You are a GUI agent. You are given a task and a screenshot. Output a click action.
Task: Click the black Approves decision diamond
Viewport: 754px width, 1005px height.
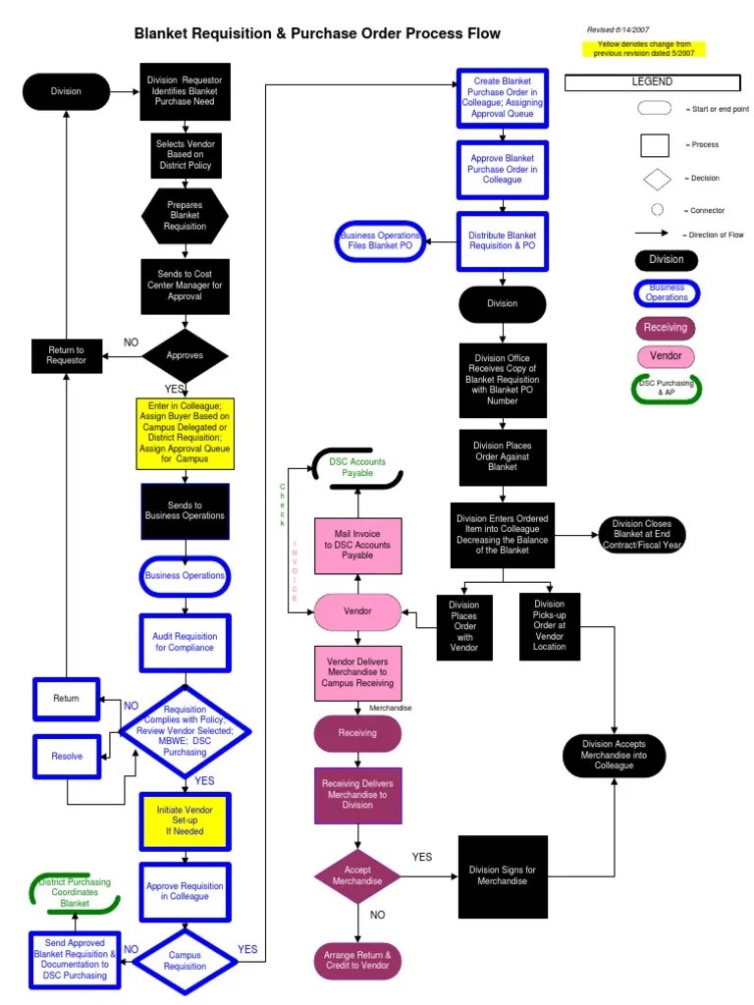tap(185, 355)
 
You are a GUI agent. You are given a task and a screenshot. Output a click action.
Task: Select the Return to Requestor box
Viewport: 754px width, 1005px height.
tap(67, 355)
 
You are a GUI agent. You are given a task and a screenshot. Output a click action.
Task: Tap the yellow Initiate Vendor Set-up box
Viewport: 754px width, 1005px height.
tap(185, 822)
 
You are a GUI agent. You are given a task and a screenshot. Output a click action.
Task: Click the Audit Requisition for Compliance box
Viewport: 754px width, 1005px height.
tap(185, 642)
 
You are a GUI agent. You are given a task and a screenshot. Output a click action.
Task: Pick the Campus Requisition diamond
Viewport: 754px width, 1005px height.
tap(185, 960)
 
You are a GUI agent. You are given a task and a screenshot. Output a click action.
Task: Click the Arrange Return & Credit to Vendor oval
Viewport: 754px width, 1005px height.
tap(357, 960)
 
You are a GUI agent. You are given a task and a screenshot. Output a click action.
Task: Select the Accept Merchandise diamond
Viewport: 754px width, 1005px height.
tap(357, 875)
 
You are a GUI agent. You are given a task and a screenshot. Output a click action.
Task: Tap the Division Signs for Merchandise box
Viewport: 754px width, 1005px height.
tap(502, 875)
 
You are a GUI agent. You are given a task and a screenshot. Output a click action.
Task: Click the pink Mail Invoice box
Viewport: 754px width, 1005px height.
tap(357, 545)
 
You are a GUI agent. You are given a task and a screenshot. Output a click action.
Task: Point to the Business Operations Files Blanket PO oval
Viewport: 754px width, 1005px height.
tap(380, 242)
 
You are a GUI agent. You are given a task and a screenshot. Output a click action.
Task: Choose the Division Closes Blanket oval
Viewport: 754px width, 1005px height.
tap(641, 534)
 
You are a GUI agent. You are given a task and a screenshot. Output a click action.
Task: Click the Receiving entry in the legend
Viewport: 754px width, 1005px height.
tap(666, 328)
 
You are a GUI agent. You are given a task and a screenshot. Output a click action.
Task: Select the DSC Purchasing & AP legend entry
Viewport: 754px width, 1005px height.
tap(666, 389)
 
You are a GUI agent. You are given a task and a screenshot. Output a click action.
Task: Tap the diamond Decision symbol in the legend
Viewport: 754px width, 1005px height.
tap(656, 179)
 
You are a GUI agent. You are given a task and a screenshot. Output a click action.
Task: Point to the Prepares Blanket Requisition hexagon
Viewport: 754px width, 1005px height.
tap(185, 216)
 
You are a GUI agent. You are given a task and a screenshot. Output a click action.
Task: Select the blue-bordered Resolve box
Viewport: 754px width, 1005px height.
tap(67, 756)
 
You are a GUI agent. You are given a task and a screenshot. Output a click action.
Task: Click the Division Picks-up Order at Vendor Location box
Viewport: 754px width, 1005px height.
tap(549, 626)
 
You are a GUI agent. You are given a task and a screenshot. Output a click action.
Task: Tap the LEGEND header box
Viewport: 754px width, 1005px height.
tap(651, 82)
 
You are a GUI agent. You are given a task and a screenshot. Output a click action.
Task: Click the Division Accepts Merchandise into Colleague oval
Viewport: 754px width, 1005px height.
tap(614, 754)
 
